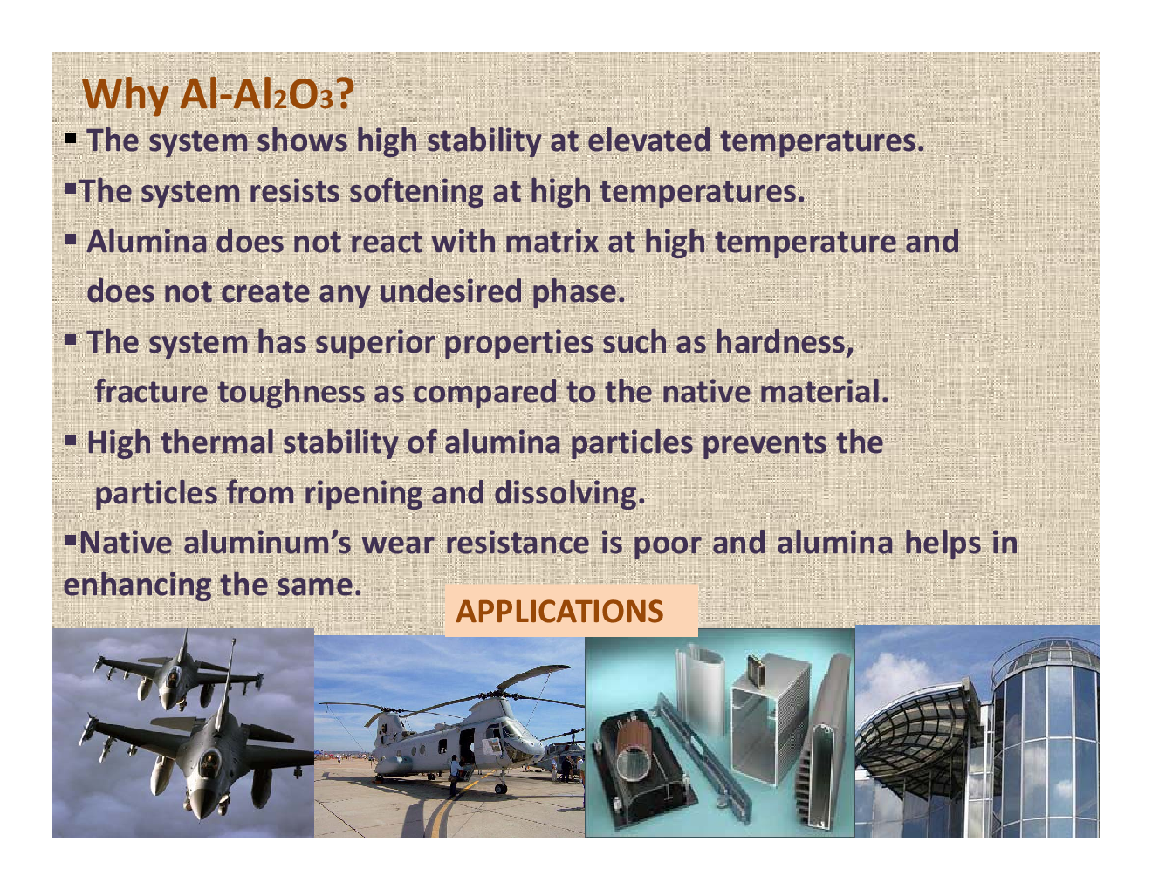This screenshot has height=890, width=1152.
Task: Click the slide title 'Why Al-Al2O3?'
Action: point(218,95)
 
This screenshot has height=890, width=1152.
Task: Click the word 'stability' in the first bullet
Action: point(483,141)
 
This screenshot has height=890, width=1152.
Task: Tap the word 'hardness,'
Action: point(785,342)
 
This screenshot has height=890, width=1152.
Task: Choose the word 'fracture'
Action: point(151,393)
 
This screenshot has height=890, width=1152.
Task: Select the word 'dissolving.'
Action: point(569,494)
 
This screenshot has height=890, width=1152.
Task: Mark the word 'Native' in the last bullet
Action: point(126,544)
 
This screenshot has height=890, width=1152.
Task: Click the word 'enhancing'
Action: point(137,585)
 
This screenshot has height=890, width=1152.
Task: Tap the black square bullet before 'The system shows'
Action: point(71,140)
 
